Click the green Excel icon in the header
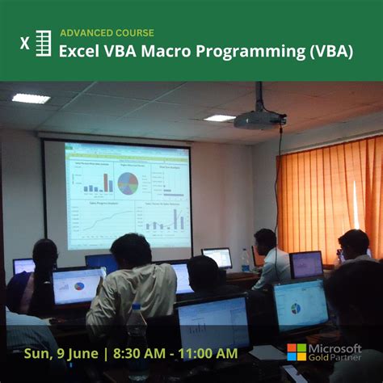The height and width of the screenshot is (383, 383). pos(36,43)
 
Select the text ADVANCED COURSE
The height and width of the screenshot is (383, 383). pos(107,33)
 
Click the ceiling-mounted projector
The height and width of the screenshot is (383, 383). pos(258,119)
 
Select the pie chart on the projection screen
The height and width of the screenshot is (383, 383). pos(128,182)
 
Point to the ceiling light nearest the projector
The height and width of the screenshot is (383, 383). pos(219,118)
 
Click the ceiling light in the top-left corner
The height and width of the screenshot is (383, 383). pos(31,98)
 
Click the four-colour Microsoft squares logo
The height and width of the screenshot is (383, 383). pos(297,352)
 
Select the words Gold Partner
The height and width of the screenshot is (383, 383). pos(338,360)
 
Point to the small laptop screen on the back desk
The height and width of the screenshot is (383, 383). pos(217,258)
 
